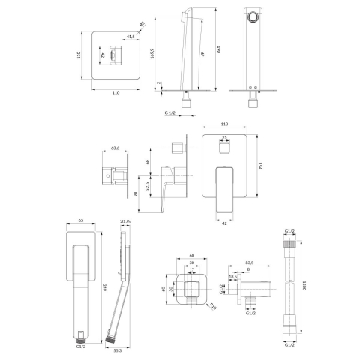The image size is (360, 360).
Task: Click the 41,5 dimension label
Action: coord(130,36)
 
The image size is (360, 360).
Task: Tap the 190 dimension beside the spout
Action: coord(219,48)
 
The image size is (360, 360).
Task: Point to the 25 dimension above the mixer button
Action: coord(224,137)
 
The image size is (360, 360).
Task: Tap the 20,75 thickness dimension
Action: coord(124,223)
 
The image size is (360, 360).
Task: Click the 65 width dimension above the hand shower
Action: coord(79,223)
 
